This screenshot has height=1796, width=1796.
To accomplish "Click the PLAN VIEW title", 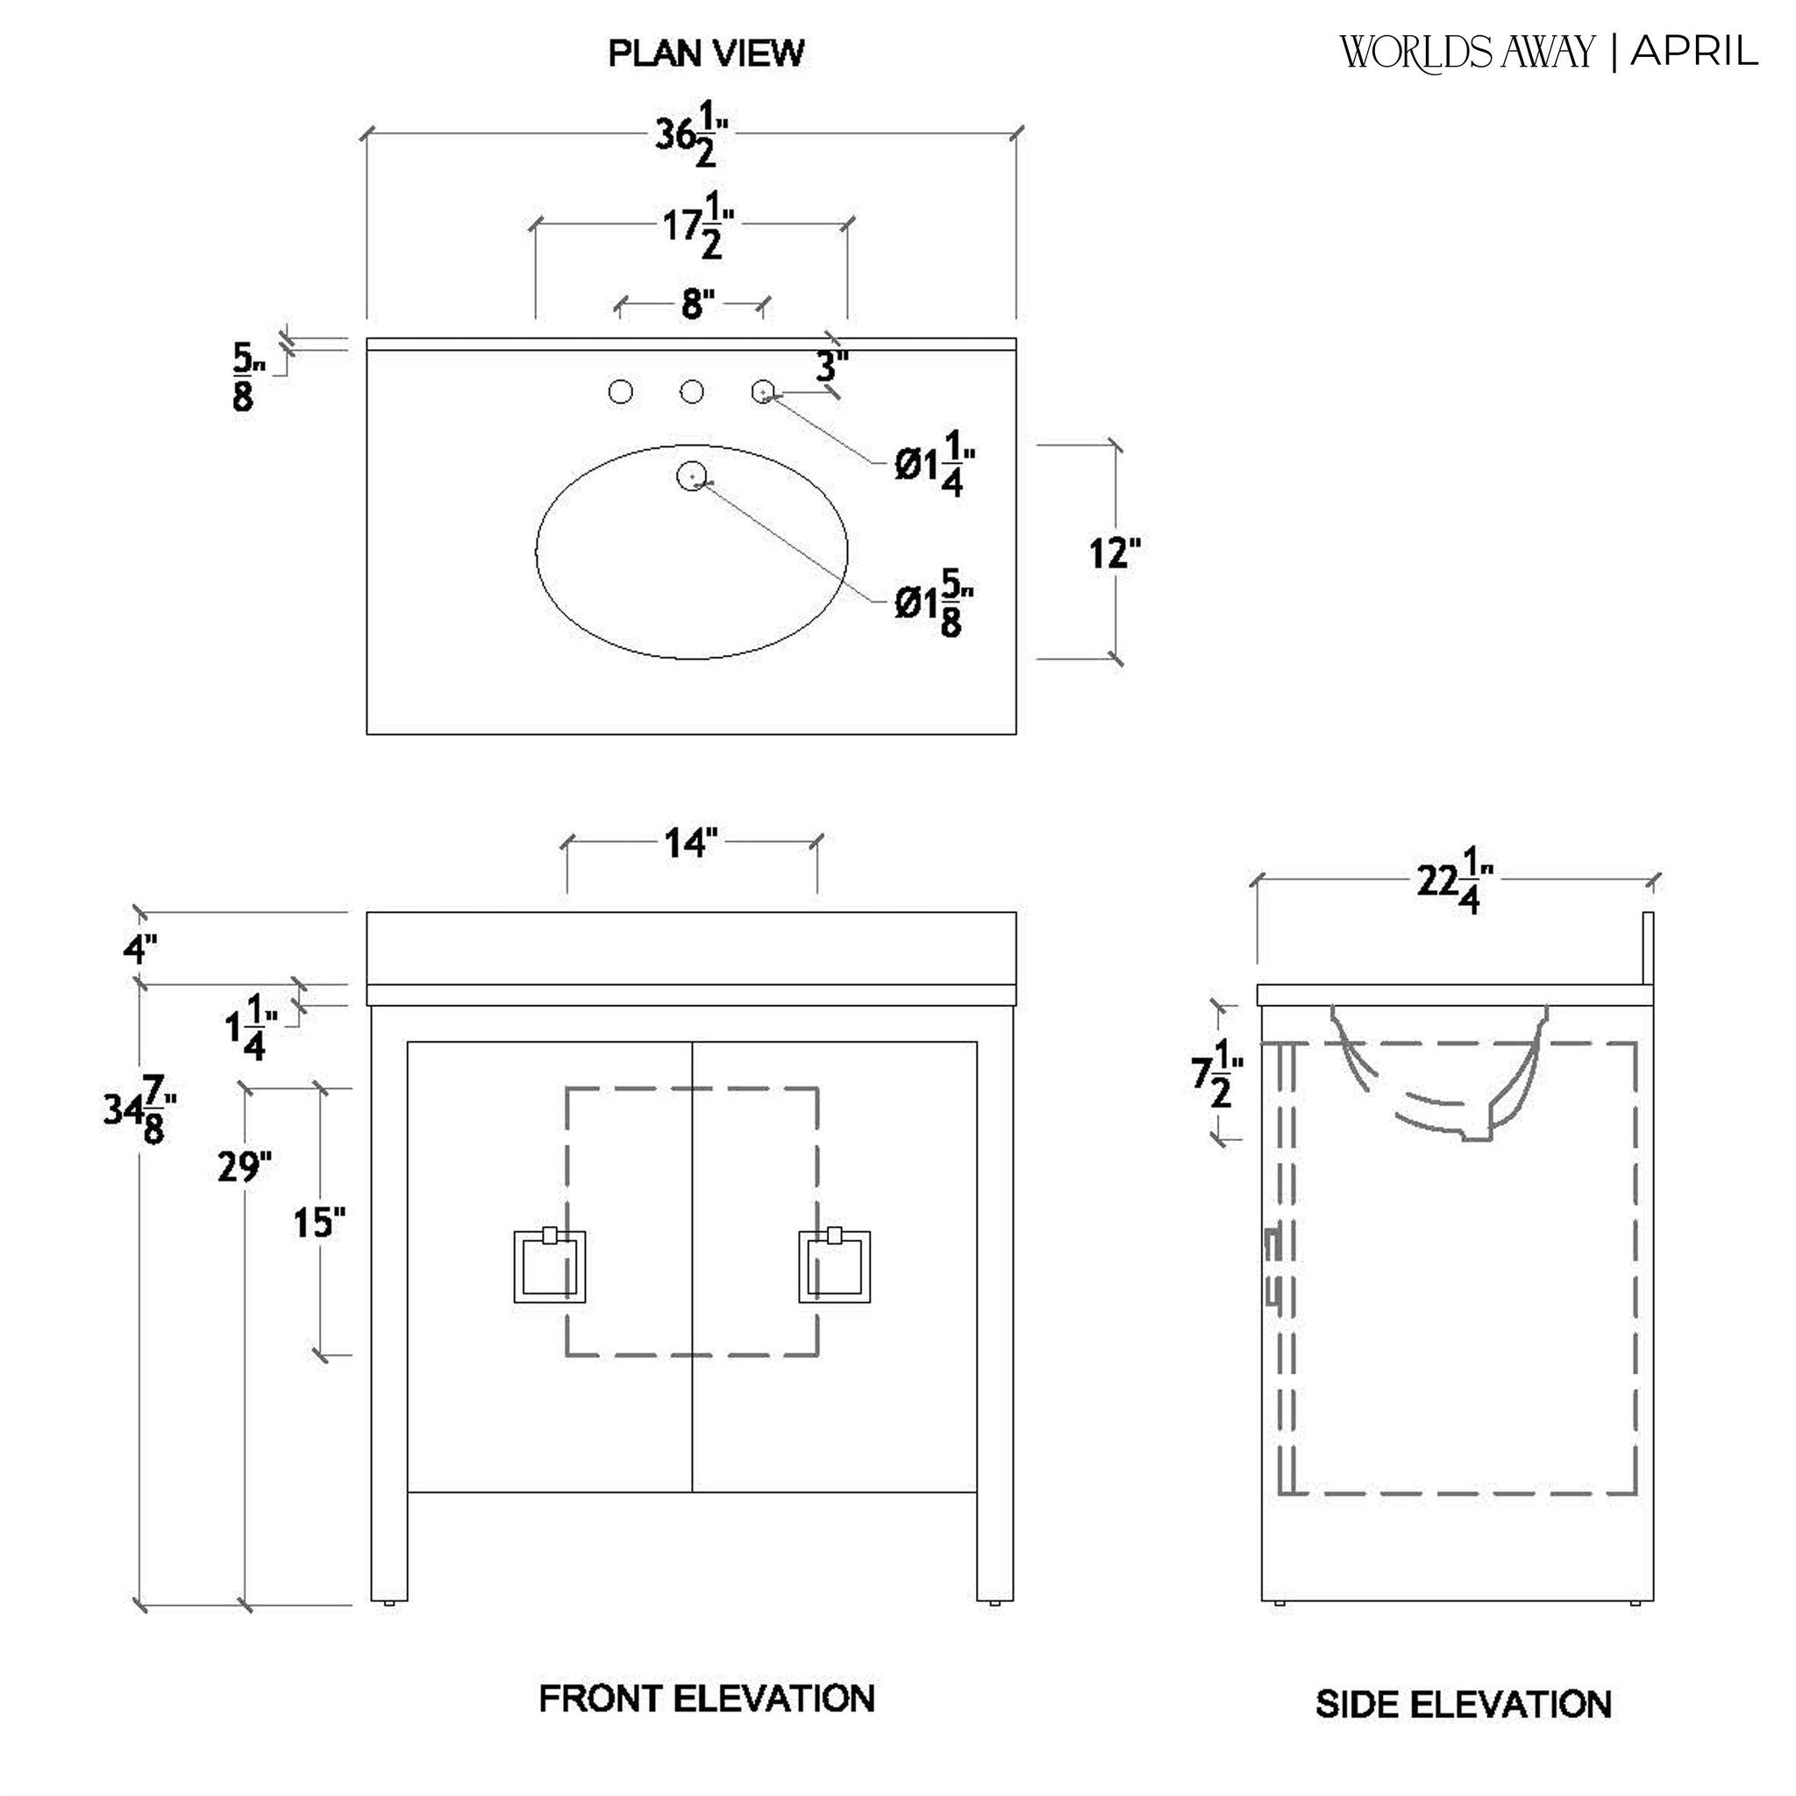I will coord(706,53).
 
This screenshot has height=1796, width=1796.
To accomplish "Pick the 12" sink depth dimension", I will coord(1114,553).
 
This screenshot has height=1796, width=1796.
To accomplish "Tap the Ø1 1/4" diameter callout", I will coord(935,462).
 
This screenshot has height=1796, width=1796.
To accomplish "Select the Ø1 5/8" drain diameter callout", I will coord(935,603).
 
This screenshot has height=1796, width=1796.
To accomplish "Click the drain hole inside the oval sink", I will coord(692,476).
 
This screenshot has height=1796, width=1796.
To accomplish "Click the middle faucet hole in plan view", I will coord(692,392).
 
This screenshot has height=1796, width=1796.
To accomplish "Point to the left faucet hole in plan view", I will coord(621,392).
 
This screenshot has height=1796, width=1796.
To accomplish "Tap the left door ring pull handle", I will coord(549,1266).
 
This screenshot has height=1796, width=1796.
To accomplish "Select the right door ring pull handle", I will coord(835,1266).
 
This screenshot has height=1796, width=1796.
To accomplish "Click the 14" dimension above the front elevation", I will coord(691,843).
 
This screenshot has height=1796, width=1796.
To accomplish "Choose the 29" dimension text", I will coord(245,1167).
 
